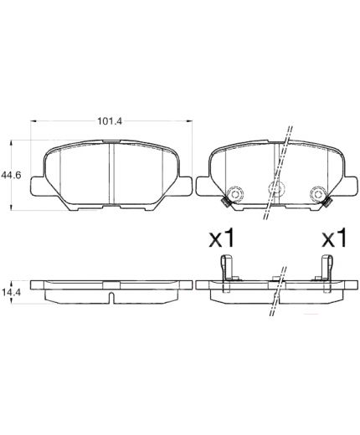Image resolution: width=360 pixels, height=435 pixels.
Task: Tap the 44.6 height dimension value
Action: [11, 175]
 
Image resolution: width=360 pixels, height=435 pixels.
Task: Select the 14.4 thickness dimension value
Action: [11, 292]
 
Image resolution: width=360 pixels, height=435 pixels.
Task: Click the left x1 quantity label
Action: [222, 238]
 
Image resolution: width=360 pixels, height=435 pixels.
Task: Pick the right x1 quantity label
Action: [334, 238]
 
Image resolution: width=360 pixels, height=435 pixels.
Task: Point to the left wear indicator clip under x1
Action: [227, 273]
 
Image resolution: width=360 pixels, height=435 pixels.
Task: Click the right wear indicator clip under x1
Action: [327, 273]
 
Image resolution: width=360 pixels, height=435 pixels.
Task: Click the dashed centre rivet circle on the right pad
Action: [276, 188]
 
